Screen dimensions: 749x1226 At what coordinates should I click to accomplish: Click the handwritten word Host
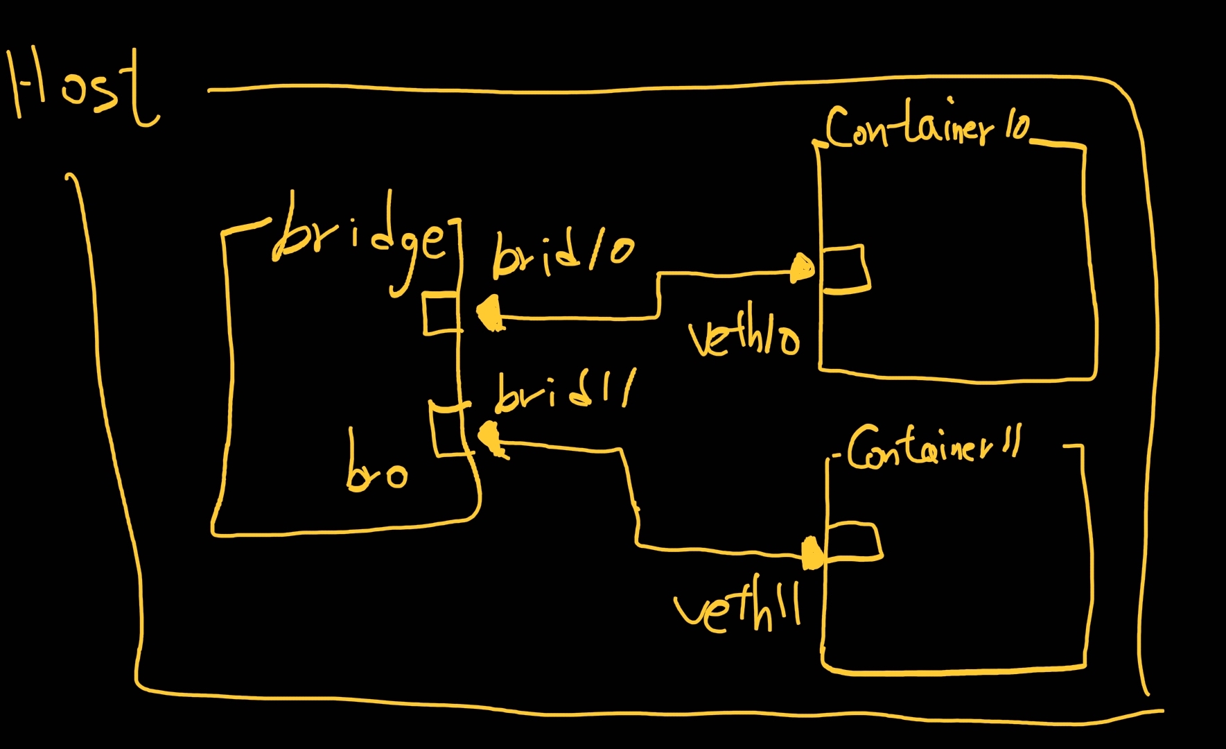(83, 90)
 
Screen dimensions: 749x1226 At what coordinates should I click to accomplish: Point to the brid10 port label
(561, 255)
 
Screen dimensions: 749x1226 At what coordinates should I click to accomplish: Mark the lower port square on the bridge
(448, 430)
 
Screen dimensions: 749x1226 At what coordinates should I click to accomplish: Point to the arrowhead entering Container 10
(803, 268)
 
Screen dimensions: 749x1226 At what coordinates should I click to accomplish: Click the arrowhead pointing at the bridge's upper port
(490, 313)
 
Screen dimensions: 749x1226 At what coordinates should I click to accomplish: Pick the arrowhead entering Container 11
(811, 553)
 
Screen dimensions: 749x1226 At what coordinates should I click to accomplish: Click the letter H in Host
(28, 87)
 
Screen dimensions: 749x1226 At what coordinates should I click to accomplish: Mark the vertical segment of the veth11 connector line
(632, 496)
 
